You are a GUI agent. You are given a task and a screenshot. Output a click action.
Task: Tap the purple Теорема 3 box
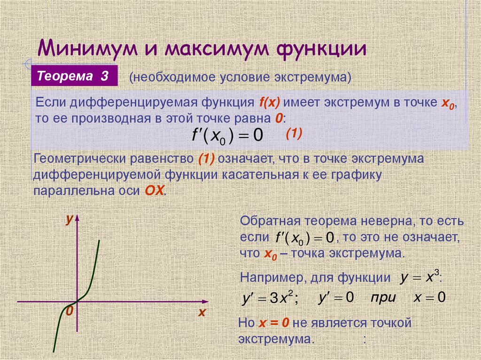74,76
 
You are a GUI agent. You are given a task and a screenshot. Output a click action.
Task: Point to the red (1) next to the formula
294,134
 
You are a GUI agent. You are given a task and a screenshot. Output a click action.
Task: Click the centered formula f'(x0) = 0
228,136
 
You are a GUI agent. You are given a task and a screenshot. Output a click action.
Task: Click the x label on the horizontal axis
202,312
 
